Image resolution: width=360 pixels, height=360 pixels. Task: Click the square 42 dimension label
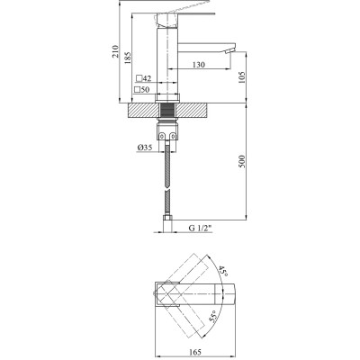click(141, 79)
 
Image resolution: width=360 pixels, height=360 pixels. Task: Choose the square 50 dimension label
click(141, 90)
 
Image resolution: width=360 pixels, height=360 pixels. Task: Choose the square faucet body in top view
click(167, 293)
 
